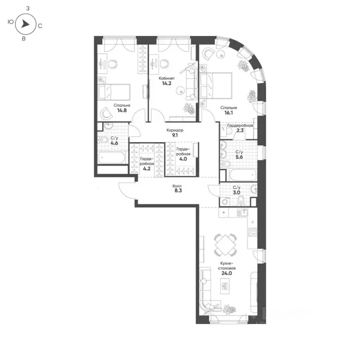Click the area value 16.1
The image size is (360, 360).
pos(230,114)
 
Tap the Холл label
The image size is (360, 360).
pos(176,185)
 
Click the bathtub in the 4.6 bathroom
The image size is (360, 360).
pos(112,157)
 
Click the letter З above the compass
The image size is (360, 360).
pos(29,8)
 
